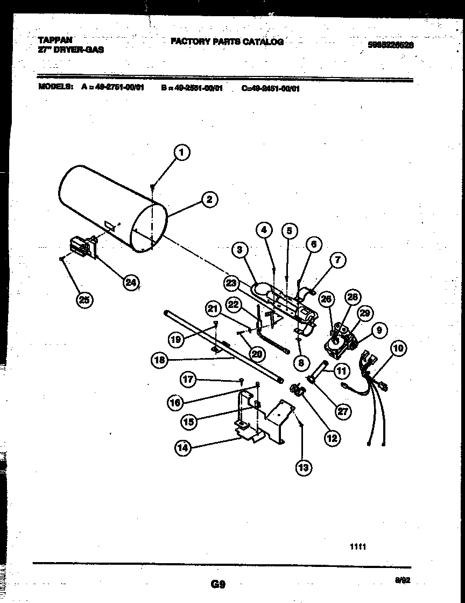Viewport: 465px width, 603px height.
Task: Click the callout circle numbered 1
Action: (182, 153)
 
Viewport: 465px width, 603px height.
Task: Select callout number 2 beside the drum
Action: (209, 200)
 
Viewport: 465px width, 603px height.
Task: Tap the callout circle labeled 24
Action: (130, 282)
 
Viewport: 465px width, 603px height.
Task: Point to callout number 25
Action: (84, 300)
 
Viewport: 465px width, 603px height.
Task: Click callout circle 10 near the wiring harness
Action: (398, 348)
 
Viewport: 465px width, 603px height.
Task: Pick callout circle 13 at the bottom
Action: (304, 467)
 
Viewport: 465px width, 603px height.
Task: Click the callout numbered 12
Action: (331, 438)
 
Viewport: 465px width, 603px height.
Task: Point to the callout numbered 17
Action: (188, 380)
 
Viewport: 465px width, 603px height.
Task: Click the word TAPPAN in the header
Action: (55, 40)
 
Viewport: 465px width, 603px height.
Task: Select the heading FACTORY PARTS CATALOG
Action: (227, 41)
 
